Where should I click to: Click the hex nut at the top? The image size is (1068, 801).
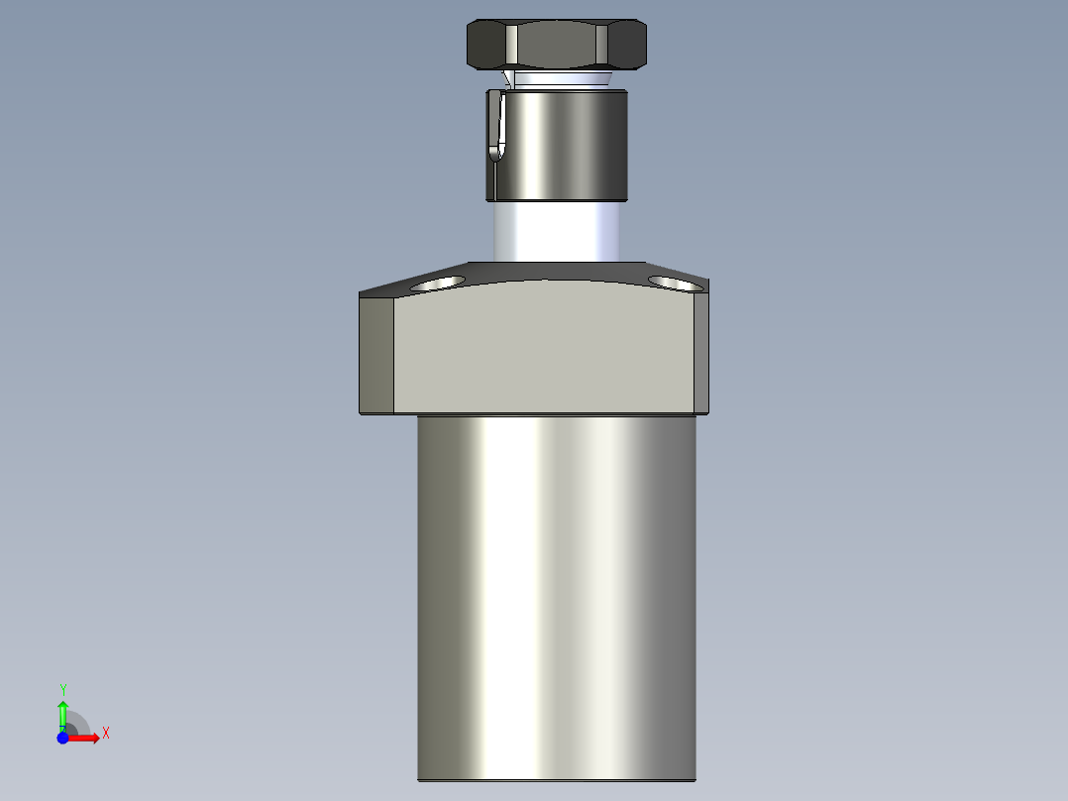[557, 46]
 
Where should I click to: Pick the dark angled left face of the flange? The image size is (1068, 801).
[376, 354]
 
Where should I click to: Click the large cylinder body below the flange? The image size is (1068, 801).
[557, 595]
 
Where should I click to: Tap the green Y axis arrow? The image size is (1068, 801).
[62, 712]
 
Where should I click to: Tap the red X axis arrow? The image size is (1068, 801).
[85, 738]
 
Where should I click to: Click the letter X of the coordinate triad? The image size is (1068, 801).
[106, 734]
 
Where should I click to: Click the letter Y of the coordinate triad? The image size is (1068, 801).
[63, 688]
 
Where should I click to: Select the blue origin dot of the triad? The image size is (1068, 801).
[62, 738]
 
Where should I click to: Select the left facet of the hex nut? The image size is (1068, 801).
[486, 46]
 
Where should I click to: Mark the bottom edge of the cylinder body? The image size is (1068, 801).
[557, 779]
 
